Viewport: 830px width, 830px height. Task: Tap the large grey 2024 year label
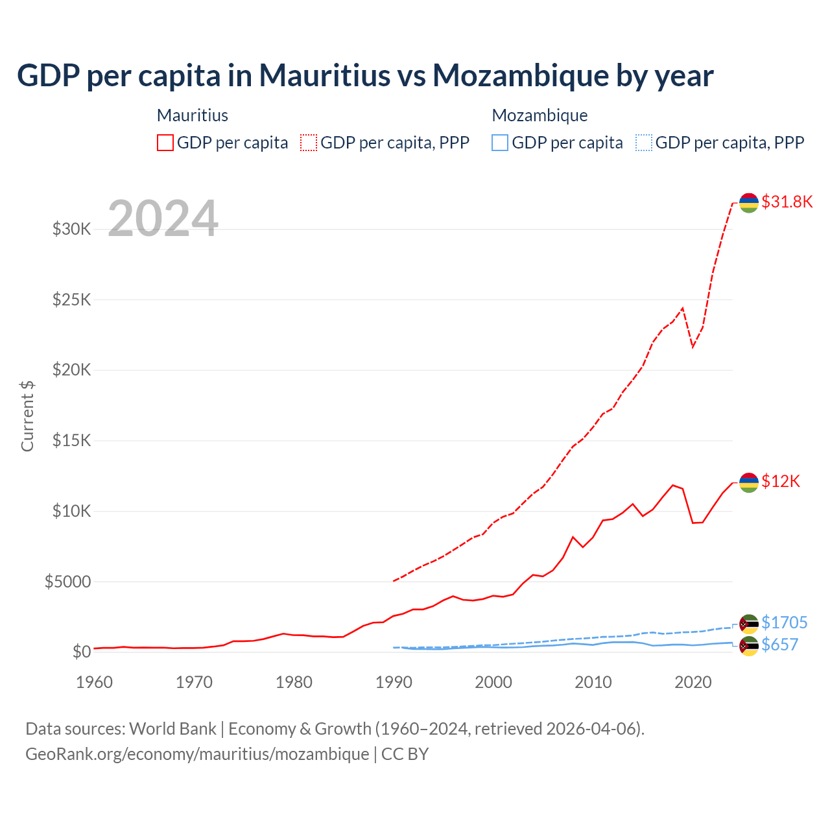(x=163, y=219)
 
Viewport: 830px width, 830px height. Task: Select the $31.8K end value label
(x=787, y=202)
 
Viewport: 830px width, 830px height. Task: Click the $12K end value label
(x=781, y=481)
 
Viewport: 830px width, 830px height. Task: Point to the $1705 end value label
(x=784, y=622)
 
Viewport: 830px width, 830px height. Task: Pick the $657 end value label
(x=779, y=645)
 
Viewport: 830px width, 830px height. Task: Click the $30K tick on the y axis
(x=71, y=229)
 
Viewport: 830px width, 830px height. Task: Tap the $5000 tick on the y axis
(x=67, y=582)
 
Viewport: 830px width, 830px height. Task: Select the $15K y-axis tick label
(x=71, y=440)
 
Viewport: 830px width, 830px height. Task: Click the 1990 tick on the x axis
(x=394, y=682)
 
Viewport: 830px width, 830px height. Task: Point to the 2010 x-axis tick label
(x=593, y=682)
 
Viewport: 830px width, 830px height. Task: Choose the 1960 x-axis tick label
(x=95, y=682)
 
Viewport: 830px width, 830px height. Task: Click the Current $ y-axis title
(x=27, y=416)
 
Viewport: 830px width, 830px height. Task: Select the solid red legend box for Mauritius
(x=165, y=143)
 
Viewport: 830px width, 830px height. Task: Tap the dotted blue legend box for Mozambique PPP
(x=644, y=143)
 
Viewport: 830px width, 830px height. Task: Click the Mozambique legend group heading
(x=539, y=115)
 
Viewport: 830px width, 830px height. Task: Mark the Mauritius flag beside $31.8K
(x=749, y=202)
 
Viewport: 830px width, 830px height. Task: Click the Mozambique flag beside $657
(x=749, y=646)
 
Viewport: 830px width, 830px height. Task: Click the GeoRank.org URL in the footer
(x=197, y=754)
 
